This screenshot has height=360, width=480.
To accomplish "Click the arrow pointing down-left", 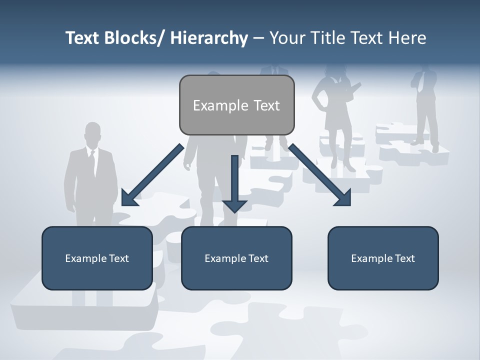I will tap(150, 175).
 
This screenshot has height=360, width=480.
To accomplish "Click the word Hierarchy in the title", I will tap(209, 38).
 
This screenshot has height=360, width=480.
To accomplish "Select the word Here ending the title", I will tap(408, 38).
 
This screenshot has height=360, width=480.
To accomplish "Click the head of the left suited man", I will tap(92, 133).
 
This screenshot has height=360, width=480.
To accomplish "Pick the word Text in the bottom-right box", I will tap(404, 258).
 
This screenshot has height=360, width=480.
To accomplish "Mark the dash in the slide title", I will tap(258, 38).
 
